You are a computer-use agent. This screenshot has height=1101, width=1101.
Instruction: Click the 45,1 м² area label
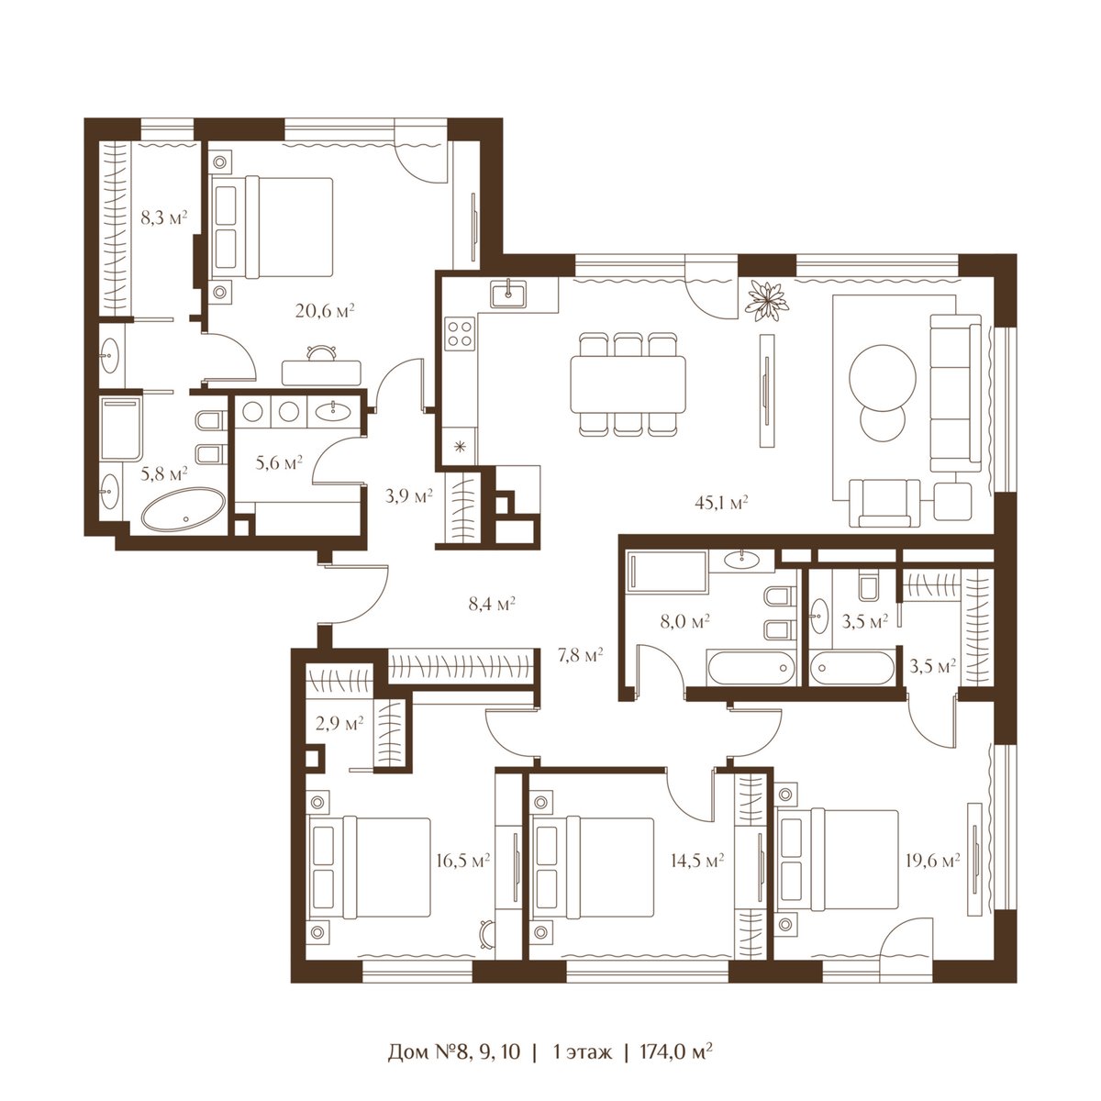(721, 502)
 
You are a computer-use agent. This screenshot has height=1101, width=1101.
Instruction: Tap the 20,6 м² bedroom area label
(325, 311)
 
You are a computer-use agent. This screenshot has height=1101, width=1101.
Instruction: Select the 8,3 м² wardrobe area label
(164, 217)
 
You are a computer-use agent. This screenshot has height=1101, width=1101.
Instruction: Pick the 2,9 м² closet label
(339, 723)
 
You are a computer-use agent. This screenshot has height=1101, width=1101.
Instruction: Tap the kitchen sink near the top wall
(508, 295)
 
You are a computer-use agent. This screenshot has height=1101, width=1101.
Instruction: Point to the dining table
(628, 384)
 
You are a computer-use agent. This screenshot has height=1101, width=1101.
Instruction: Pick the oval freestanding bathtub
(183, 508)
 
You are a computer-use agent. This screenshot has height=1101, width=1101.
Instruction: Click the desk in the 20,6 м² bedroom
(321, 373)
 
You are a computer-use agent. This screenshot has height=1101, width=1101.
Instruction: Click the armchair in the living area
(884, 503)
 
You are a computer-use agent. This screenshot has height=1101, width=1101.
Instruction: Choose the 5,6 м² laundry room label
(279, 462)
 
